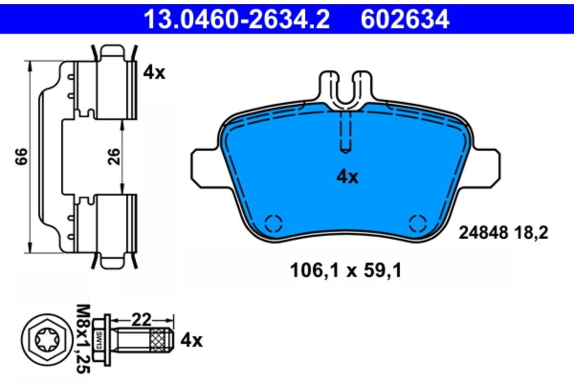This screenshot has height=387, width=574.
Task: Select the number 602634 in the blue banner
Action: click(405, 19)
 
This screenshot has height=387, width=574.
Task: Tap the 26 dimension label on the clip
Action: click(114, 156)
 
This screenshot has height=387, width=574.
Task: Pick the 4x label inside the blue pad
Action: click(347, 177)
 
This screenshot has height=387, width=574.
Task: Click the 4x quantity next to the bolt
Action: click(191, 341)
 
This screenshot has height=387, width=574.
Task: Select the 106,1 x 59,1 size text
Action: click(346, 271)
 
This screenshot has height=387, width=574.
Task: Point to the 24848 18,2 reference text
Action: click(503, 233)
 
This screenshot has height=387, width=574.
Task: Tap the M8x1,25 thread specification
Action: click(83, 339)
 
